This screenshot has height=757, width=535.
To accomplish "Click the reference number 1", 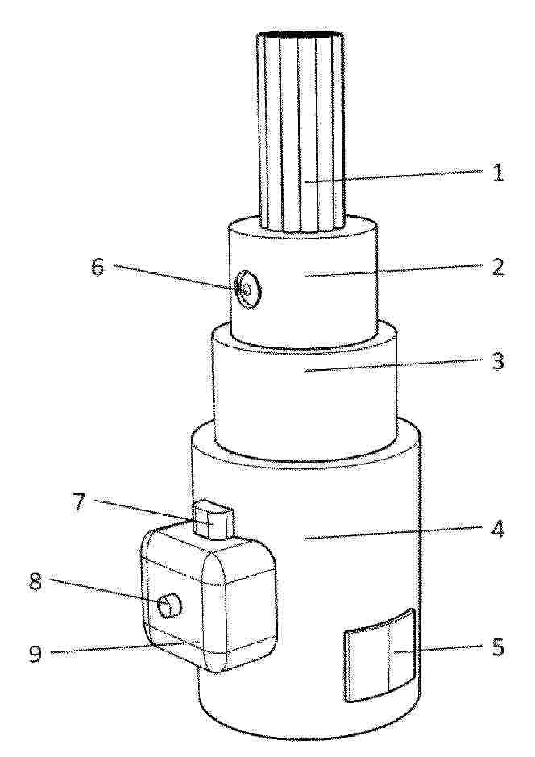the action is point(498,173).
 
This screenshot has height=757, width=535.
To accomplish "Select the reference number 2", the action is point(498,267).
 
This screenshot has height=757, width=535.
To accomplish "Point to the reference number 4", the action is point(497,529).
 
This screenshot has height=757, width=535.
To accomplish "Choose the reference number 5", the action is point(498,647).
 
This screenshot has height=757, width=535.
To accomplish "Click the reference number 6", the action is point(97,267).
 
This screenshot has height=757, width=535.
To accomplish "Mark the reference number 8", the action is point(35,581).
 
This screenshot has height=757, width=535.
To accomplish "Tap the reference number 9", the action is point(35,653).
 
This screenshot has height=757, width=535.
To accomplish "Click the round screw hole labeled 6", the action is point(247,290).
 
